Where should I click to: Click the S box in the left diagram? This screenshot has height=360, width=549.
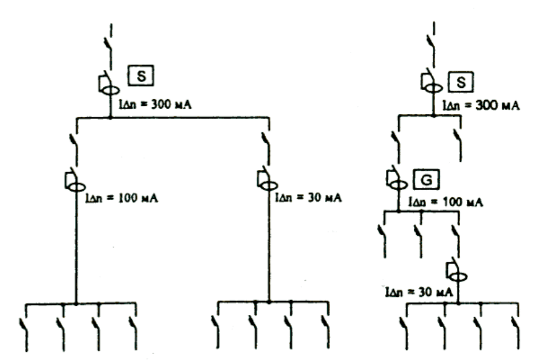[140, 75]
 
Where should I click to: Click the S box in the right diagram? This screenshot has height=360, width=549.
[461, 82]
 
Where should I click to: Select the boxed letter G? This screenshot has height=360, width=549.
[426, 179]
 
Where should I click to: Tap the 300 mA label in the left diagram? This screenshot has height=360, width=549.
[155, 105]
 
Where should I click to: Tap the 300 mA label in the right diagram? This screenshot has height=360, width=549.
[481, 105]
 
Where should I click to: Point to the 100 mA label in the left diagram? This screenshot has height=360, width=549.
[122, 198]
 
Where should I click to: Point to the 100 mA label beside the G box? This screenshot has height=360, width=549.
[446, 202]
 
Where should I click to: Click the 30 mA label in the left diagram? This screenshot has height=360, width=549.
[309, 198]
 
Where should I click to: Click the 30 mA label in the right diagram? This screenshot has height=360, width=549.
[419, 292]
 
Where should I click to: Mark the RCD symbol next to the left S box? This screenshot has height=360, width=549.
[108, 83]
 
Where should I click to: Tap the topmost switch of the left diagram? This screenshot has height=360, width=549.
[109, 46]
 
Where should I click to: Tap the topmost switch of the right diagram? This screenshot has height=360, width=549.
[431, 44]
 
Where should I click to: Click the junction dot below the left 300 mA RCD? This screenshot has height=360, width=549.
[110, 117]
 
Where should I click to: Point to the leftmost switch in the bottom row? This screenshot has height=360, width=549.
[24, 331]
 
